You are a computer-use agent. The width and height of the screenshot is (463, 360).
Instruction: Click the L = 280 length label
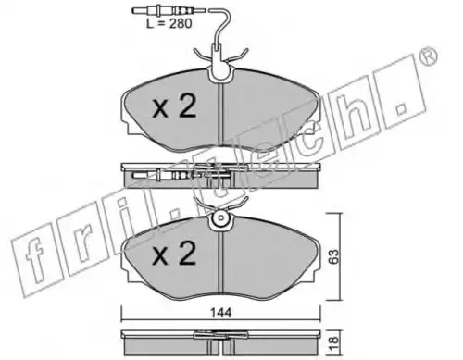[x=169, y=23]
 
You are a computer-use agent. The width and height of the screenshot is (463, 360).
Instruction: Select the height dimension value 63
[x=333, y=256]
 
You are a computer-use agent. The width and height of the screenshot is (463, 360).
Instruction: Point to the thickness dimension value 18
[x=334, y=342]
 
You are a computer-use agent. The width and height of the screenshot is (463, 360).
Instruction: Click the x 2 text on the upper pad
[x=174, y=106]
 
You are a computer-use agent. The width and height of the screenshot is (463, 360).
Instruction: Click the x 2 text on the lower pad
[x=174, y=254]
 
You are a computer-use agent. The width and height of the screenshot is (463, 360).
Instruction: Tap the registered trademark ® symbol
[x=429, y=56]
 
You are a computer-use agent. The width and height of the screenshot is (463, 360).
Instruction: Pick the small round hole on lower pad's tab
[x=220, y=217]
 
